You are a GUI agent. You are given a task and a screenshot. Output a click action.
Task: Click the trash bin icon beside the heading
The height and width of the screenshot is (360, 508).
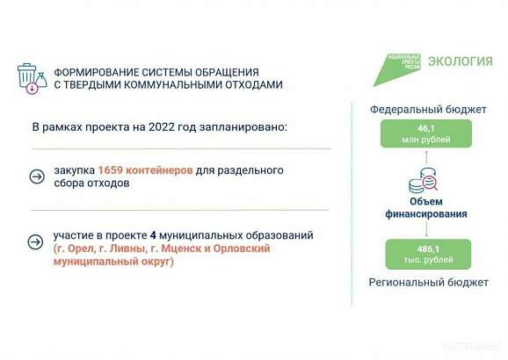(29, 77)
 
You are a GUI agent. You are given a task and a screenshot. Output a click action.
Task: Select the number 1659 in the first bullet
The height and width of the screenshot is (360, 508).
(101, 169)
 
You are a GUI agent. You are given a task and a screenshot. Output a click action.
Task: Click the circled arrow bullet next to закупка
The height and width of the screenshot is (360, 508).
(36, 176)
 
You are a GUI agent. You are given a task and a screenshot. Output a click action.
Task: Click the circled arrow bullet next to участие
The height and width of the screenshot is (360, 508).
(36, 242)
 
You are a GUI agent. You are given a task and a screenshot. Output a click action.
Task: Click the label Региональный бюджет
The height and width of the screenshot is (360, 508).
(427, 283)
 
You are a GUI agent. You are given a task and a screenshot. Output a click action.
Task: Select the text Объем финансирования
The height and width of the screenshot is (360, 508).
(426, 207)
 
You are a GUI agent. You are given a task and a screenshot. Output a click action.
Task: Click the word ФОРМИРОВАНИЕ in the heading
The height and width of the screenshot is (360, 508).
(95, 70)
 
